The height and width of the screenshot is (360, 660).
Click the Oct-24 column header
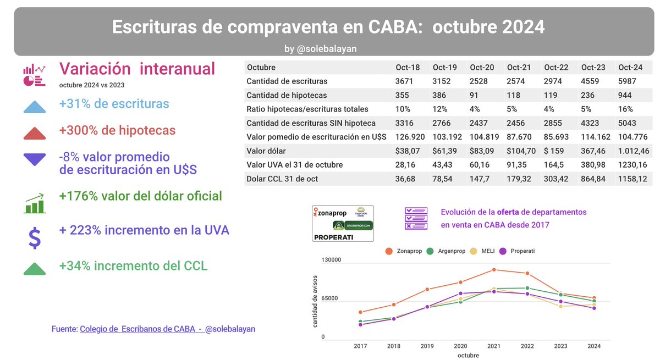coord(630,68)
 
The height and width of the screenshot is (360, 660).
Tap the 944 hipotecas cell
coord(625,95)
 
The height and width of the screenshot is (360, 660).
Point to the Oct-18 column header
coord(408,68)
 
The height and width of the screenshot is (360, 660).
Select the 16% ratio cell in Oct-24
coord(625,109)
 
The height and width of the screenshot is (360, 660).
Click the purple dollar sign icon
coord(35,237)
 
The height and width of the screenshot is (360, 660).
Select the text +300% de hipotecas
coord(117,131)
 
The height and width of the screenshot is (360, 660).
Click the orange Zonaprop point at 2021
coord(494,270)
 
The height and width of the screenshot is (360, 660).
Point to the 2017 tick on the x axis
coord(360,346)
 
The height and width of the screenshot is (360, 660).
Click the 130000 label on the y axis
coord(331,260)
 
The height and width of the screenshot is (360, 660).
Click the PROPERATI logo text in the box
coord(333,237)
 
